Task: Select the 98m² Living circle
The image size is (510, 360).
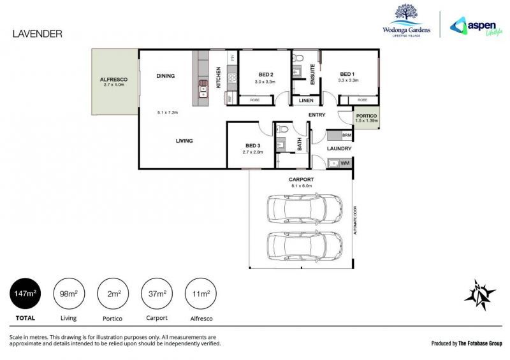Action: (x=68, y=294)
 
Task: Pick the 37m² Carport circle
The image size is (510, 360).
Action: (x=157, y=294)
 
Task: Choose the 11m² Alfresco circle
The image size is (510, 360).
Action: (x=201, y=294)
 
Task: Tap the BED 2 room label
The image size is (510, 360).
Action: (x=265, y=73)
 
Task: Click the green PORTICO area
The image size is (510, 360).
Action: (x=367, y=118)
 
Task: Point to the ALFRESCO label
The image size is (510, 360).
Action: (x=114, y=79)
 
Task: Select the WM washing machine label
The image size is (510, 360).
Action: (x=345, y=164)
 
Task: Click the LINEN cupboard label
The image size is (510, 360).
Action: (x=305, y=100)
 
